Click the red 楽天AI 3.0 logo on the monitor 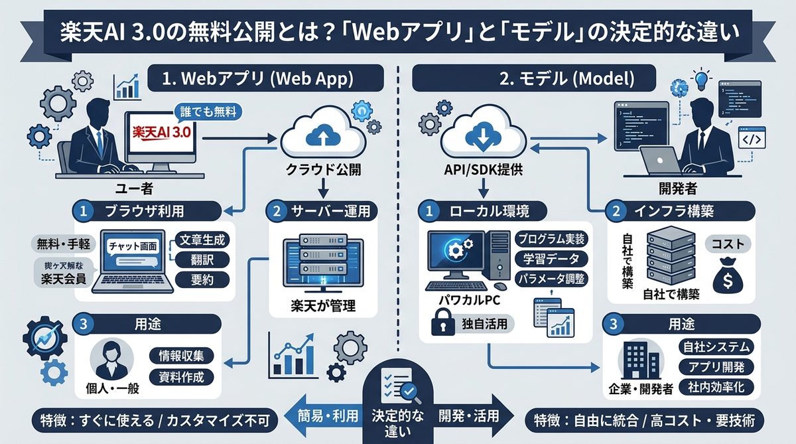pos(162,132)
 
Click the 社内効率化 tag pos(715,386)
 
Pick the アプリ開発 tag pos(715,366)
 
